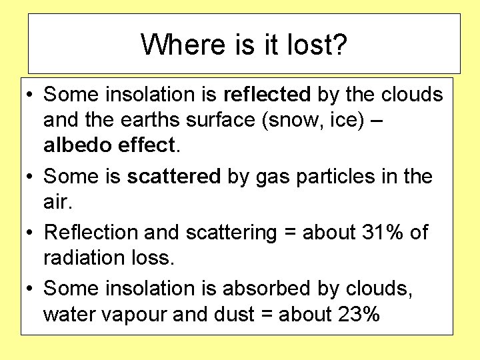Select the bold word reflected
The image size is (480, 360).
click(267, 95)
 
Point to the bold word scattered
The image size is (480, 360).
click(173, 177)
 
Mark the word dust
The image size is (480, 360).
click(233, 314)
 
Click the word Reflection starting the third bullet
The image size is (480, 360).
click(92, 233)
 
